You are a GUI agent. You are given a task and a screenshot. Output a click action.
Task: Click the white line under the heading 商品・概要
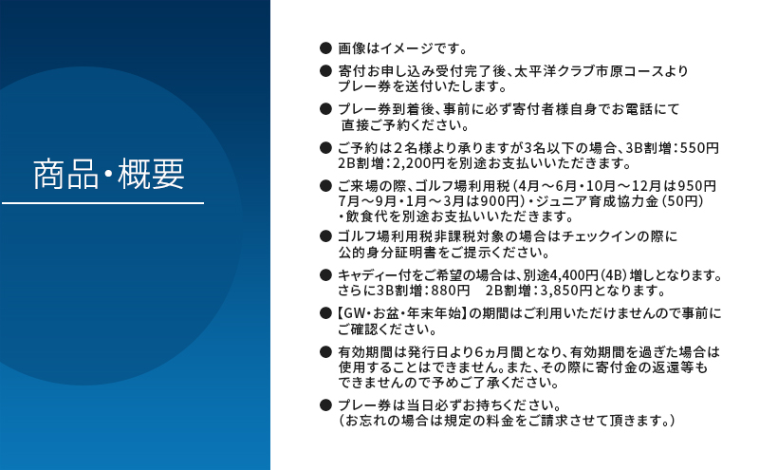pyautogui.click(x=102, y=203)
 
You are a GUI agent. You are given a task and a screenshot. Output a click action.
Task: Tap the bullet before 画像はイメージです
pyautogui.click(x=325, y=47)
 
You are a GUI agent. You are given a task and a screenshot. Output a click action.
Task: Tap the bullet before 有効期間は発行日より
pyautogui.click(x=325, y=351)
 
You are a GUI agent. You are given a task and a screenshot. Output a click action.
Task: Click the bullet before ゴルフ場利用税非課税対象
pyautogui.click(x=325, y=236)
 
